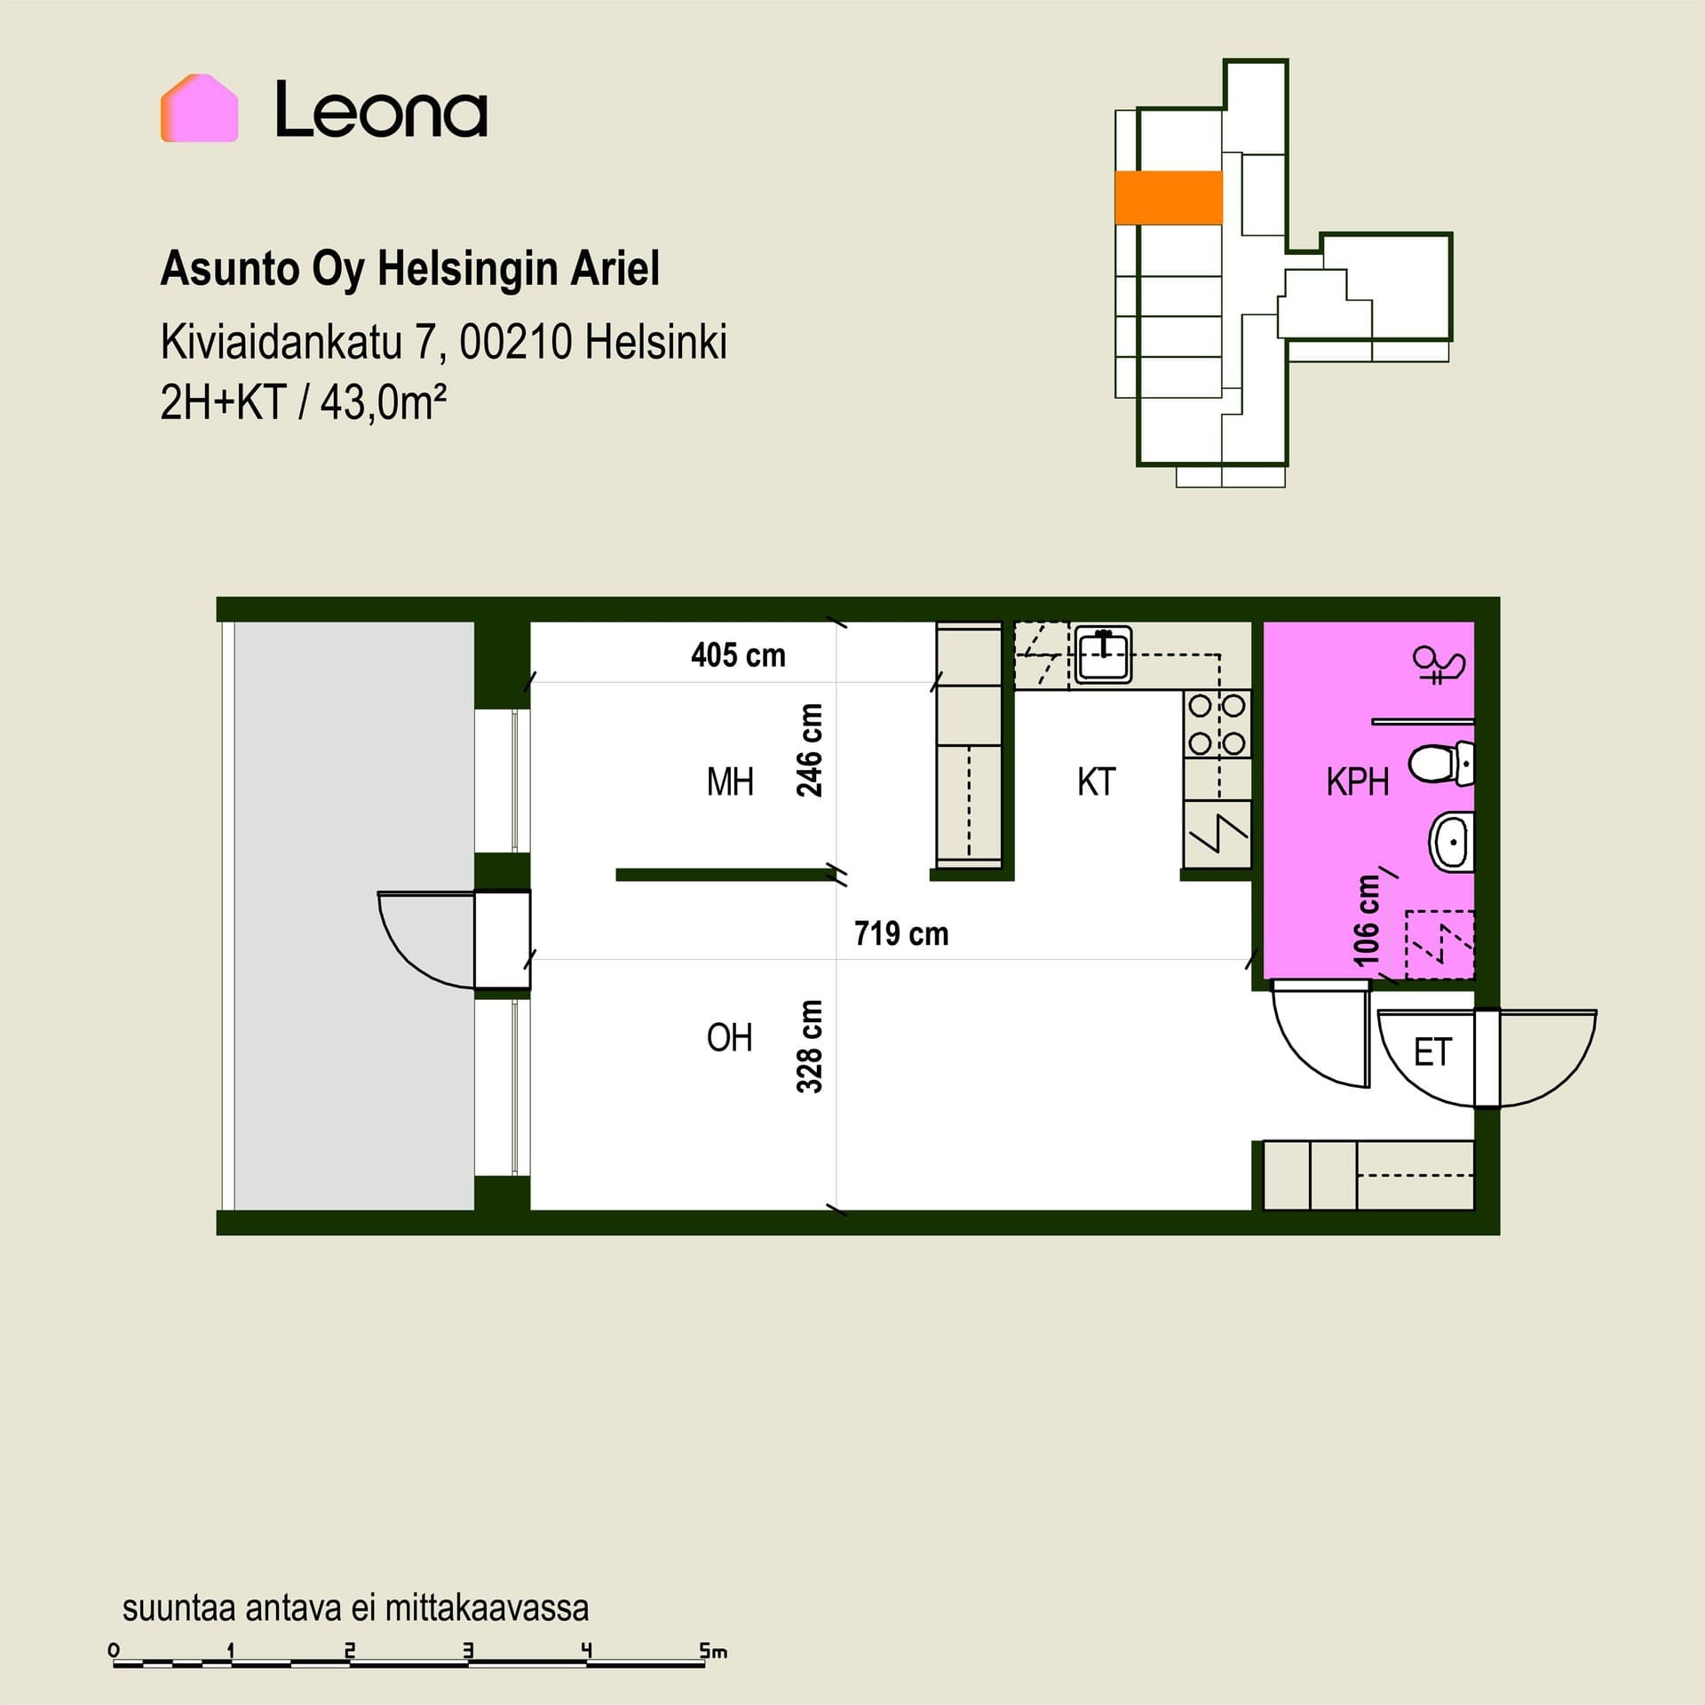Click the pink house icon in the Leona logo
click(199, 107)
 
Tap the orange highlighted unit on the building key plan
click(1169, 197)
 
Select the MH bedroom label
click(730, 782)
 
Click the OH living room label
click(730, 1037)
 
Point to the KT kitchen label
click(1096, 782)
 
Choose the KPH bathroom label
click(1357, 782)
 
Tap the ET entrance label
click(1432, 1052)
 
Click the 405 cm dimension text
click(738, 655)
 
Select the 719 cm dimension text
click(901, 933)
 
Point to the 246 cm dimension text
click(810, 750)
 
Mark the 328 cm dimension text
click(810, 1045)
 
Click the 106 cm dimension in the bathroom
click(1367, 921)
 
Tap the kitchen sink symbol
click(1103, 654)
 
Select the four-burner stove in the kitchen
click(1217, 725)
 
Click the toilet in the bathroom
click(1441, 764)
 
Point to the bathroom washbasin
click(1451, 841)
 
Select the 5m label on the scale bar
click(713, 1652)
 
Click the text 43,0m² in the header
click(383, 403)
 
